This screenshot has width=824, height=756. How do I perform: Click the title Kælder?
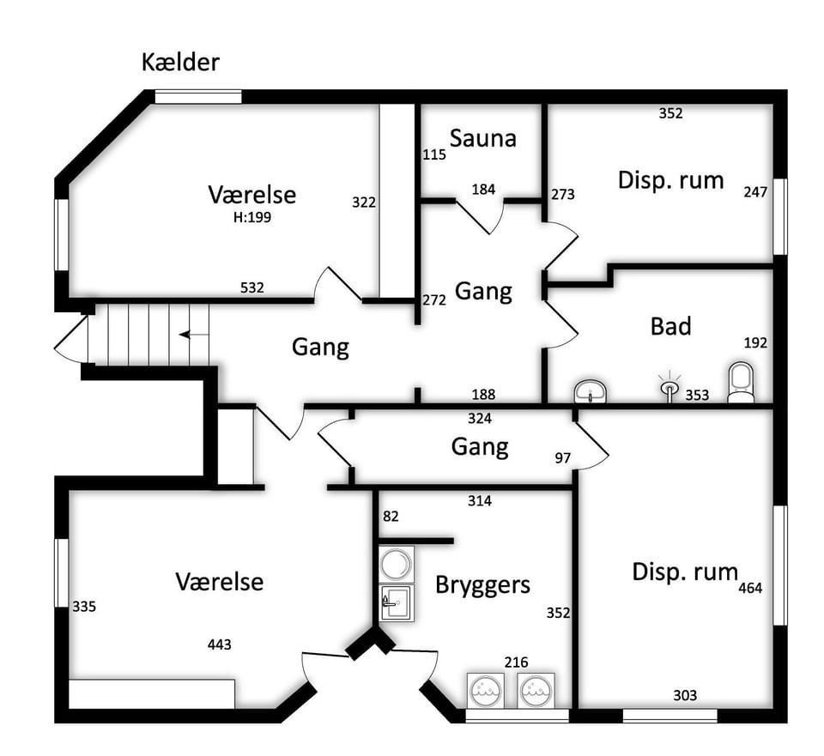[x=181, y=63]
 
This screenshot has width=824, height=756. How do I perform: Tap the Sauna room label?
[x=482, y=137]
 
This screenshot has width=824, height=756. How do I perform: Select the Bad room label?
[x=670, y=326]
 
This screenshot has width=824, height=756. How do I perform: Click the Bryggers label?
[x=482, y=585]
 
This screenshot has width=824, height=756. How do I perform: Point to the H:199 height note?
[x=251, y=217]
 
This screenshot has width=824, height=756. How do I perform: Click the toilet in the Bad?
[x=740, y=382]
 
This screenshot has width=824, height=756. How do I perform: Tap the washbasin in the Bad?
[x=590, y=392]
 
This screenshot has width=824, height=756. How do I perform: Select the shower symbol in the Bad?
[x=668, y=385]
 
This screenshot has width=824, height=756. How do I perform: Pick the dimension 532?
[x=251, y=287]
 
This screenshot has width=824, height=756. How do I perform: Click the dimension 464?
[x=750, y=589]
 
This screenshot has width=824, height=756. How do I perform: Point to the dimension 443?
[x=219, y=644]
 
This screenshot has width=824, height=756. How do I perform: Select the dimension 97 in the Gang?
[x=562, y=457]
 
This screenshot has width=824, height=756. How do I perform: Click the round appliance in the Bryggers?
[x=397, y=564]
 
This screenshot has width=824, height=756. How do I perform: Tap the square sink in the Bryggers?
[x=397, y=602]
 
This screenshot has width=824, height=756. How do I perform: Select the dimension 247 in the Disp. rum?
[x=755, y=192]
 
